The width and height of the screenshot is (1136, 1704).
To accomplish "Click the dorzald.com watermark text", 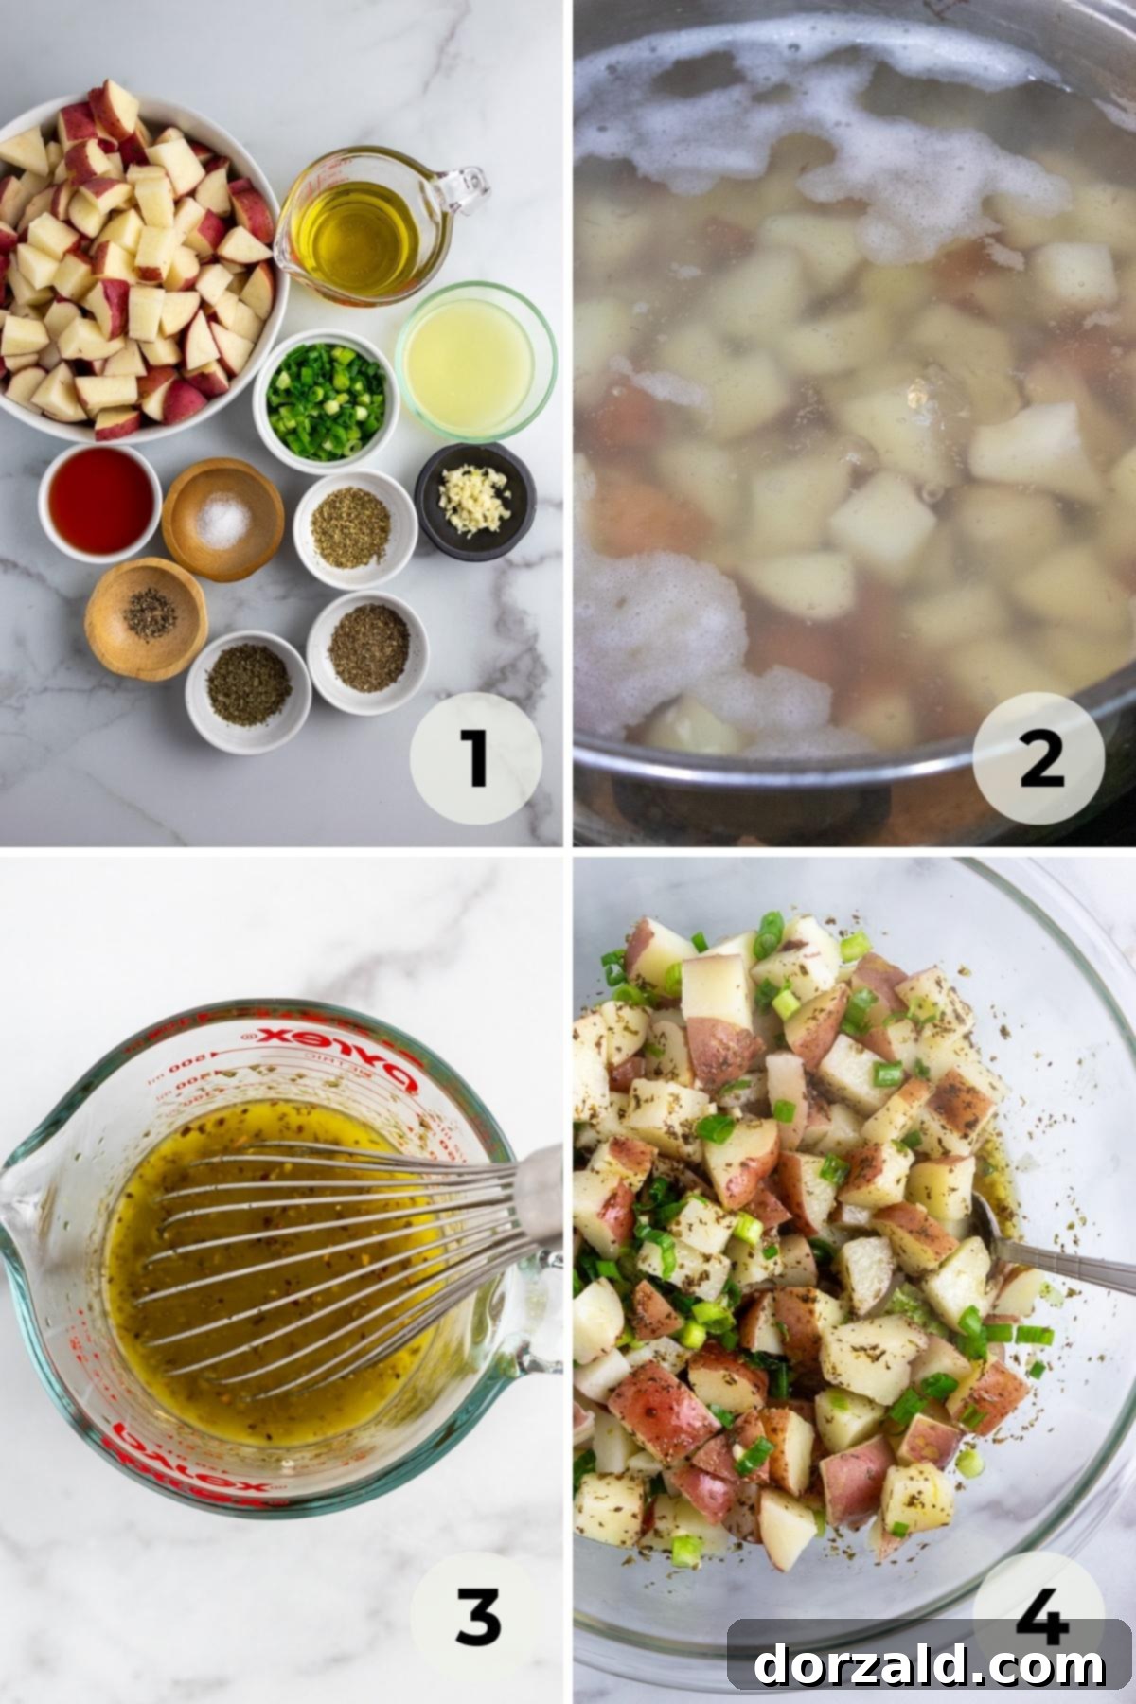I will pyautogui.click(x=929, y=1661).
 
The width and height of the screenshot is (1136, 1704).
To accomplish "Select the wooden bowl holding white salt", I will pyautogui.click(x=222, y=518).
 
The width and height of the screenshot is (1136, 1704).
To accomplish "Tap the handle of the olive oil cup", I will pyautogui.click(x=464, y=189).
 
